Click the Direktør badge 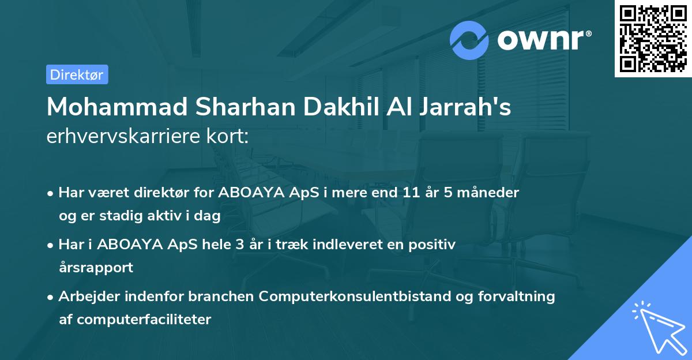[x=77, y=74]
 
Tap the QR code [x=653, y=38]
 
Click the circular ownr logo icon [x=469, y=40]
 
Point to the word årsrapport [x=96, y=267]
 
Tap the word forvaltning [x=520, y=296]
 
